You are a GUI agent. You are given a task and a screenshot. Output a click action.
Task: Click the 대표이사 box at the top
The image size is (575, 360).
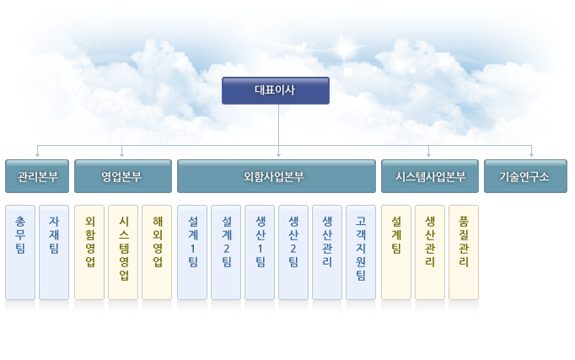point(276,90)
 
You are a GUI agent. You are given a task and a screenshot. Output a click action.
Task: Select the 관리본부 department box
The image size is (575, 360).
point(37,176)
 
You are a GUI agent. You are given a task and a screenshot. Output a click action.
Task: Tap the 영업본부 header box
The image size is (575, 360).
point(123,176)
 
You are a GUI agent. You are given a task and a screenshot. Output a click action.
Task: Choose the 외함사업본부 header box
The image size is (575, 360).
point(277,176)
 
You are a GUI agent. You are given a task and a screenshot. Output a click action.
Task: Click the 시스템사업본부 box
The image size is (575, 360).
point(430,176)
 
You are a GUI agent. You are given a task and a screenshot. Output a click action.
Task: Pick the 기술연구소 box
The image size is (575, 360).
point(525,176)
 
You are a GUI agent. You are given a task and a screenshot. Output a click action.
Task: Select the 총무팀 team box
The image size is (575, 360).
point(20,253)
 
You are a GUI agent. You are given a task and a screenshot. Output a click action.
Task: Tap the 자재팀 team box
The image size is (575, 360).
point(54,253)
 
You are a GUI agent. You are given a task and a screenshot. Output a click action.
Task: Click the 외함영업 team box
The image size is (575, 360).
point(89,253)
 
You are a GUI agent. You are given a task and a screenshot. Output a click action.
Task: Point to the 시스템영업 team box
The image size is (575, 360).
point(123,253)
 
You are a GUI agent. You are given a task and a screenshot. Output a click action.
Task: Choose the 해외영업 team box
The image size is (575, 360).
point(157,253)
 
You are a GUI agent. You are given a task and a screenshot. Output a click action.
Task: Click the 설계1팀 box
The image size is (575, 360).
point(192,253)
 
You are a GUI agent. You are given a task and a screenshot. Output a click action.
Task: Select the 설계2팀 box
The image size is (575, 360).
point(226,253)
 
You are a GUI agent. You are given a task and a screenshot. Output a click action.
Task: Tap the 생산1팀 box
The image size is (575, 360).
point(260,253)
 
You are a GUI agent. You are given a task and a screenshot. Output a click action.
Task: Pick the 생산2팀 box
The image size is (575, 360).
point(293,253)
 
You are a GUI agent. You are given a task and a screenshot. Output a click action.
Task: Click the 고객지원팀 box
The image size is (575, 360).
point(361,253)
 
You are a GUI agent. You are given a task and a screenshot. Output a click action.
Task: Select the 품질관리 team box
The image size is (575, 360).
point(464,253)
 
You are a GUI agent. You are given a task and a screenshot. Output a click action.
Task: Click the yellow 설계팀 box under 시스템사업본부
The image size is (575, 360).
point(396,253)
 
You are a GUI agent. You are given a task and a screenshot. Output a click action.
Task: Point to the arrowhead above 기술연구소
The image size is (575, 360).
point(531,155)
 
